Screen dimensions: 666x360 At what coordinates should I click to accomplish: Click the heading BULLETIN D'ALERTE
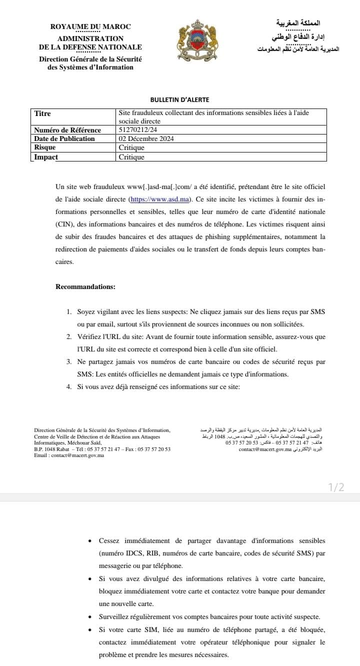click(179, 100)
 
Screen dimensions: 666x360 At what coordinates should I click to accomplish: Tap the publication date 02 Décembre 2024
click(146, 138)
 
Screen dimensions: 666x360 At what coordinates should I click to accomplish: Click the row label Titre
click(42, 113)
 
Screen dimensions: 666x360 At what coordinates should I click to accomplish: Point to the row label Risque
click(45, 147)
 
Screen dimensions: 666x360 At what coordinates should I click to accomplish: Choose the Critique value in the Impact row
click(131, 157)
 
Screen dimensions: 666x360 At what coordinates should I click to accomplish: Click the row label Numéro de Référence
click(67, 130)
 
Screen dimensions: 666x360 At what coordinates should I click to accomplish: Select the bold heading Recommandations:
click(85, 286)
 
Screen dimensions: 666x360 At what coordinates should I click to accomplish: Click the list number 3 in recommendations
click(68, 361)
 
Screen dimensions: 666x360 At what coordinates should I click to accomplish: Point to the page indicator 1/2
click(336, 487)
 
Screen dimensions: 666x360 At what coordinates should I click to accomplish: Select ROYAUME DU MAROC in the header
click(90, 26)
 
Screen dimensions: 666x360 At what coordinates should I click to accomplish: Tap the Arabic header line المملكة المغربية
click(298, 23)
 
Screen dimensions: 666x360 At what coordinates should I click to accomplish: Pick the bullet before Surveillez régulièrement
click(89, 616)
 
